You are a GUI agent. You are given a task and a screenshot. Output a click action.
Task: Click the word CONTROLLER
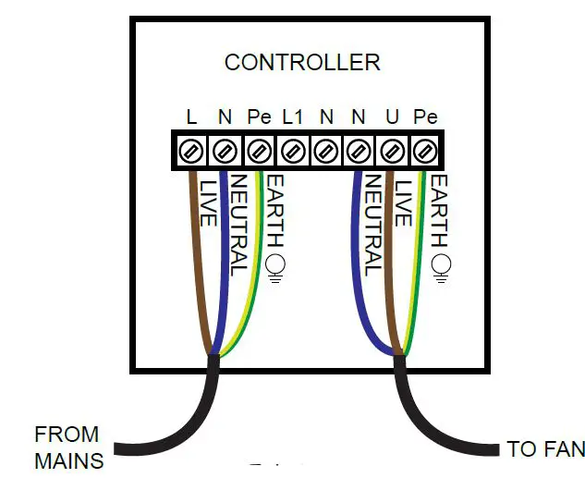pos(302,63)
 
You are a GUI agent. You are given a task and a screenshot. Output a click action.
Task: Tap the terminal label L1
pos(292,117)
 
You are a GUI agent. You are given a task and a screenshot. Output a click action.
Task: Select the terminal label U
pos(392,117)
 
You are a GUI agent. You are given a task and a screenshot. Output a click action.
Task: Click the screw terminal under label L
pos(193,149)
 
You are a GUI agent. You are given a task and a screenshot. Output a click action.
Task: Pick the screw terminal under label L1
pos(293,149)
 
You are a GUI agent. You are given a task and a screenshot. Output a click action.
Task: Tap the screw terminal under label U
pos(393,149)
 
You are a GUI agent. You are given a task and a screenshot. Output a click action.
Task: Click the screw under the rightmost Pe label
pos(425,149)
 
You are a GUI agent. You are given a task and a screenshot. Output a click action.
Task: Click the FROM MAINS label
pos(67,447)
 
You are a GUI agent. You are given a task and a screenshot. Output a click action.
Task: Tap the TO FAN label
pos(544,450)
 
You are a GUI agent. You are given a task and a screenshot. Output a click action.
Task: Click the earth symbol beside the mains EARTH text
pos(274,266)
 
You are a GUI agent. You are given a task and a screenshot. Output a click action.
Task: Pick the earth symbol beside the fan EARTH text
pos(441,266)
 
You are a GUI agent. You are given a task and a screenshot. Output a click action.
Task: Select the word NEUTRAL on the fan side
pos(373,225)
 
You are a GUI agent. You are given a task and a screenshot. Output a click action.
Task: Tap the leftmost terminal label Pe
pos(259,117)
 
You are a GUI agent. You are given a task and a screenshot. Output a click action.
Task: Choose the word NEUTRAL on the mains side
pos(238,225)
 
